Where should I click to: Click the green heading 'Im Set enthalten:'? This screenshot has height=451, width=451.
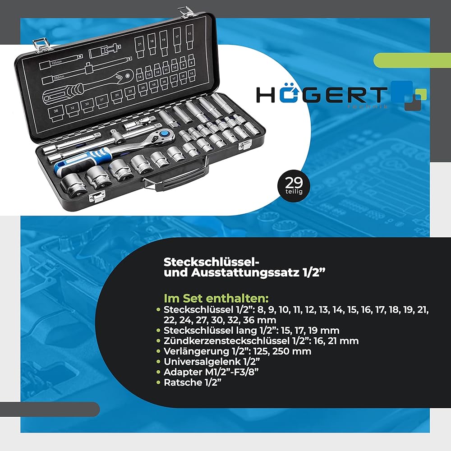pos(216,299)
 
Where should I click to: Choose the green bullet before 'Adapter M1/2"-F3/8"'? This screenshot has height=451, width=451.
pos(158,373)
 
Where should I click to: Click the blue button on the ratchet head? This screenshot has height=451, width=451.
pos(166,133)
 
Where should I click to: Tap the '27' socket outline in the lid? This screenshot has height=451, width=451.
pos(102,99)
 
